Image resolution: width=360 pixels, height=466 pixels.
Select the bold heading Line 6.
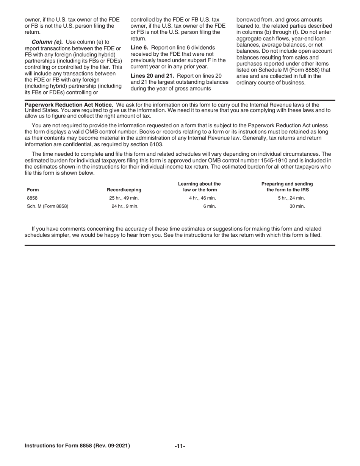pos(139,48)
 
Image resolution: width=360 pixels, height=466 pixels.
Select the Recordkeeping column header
pos(124,190)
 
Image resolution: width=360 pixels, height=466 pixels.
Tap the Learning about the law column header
pos(199,187)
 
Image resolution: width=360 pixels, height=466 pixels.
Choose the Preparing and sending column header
pos(287,187)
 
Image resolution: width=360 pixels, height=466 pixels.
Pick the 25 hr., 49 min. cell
pos(124,198)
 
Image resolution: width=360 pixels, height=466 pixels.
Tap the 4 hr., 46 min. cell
pos(202,198)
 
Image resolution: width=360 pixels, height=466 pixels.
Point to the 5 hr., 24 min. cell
pos(291,198)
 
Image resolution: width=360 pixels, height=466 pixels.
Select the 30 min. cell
pos(297,206)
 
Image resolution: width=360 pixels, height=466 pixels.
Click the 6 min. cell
pos(210,206)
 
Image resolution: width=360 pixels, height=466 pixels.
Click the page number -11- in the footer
pos(180,446)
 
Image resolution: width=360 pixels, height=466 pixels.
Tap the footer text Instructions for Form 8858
pos(77,446)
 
